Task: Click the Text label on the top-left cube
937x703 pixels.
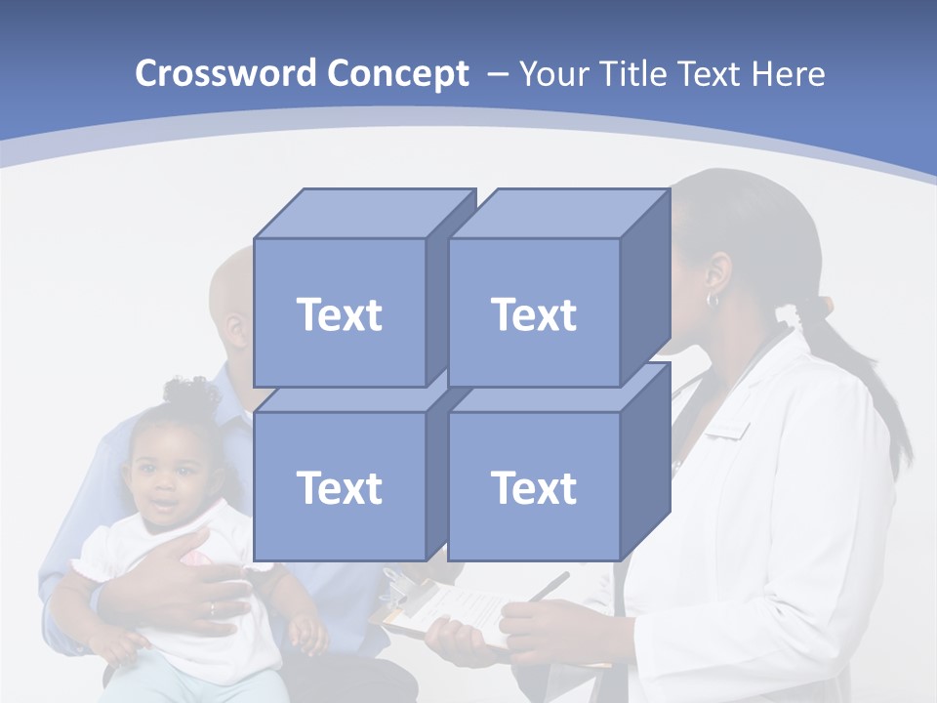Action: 339,314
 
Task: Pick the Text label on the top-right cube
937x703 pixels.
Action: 533,314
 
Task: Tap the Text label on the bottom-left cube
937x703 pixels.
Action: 339,487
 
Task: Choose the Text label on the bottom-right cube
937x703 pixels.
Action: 533,487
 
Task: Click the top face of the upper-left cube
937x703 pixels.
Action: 361,213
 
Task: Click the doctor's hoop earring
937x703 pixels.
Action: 713,300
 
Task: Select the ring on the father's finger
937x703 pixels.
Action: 212,608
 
